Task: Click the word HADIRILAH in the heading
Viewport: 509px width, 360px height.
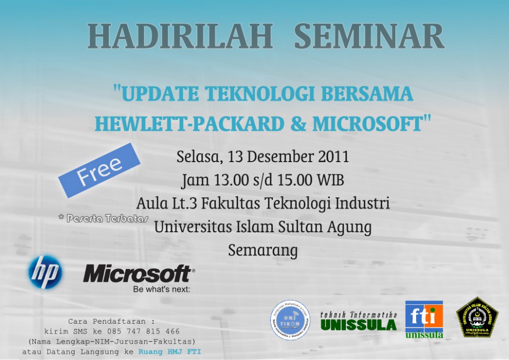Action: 179,36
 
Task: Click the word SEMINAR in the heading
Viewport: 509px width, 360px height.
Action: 369,36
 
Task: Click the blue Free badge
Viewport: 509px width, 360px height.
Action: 99,170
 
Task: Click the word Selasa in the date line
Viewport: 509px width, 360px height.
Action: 198,157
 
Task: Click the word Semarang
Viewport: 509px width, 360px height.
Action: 262,250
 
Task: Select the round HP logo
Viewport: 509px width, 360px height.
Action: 45,272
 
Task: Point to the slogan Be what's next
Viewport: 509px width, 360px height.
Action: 162,289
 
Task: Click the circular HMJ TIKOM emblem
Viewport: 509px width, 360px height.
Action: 290,320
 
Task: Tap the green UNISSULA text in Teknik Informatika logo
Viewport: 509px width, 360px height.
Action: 358,325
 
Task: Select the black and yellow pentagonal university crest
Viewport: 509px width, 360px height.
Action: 477,317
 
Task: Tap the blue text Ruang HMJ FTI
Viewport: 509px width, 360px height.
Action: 170,351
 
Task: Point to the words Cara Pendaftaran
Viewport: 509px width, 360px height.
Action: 111,321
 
